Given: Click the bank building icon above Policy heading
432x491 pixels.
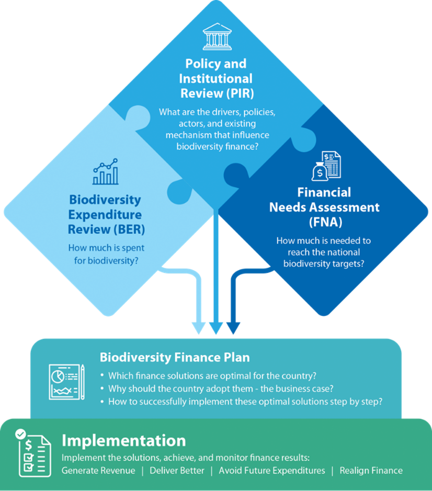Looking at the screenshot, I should coord(217,36).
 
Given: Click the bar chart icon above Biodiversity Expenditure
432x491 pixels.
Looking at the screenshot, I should coord(105,172).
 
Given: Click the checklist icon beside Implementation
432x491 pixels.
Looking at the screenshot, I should coord(33,453).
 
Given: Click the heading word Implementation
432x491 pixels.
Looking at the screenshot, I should coord(123,440).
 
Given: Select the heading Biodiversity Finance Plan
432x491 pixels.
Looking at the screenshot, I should coord(175,358).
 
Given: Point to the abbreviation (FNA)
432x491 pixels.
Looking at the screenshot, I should coord(324,221).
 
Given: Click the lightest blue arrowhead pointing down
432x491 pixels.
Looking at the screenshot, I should coord(199,328).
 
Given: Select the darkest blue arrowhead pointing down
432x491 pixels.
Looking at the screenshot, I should coord(233,328).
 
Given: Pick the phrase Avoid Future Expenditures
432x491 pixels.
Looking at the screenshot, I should coord(271,471).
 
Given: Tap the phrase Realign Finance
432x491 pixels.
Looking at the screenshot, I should coord(371,471).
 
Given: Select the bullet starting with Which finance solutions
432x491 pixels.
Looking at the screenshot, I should coord(212,376).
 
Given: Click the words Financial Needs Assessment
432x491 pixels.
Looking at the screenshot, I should coord(324,200).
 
